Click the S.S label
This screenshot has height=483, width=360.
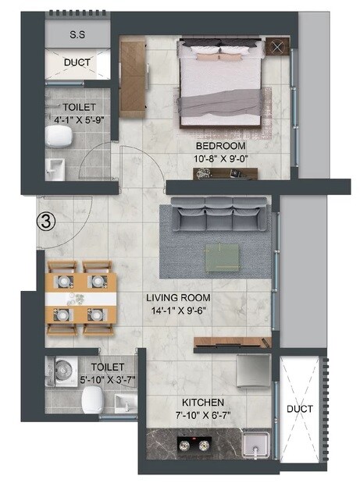coord(77,35)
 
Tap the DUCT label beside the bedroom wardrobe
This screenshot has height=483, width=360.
coord(77,62)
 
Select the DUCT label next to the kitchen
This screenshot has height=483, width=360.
coord(300,409)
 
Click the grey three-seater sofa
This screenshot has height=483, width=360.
coord(218,215)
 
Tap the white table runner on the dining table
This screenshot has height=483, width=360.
coord(81,299)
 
